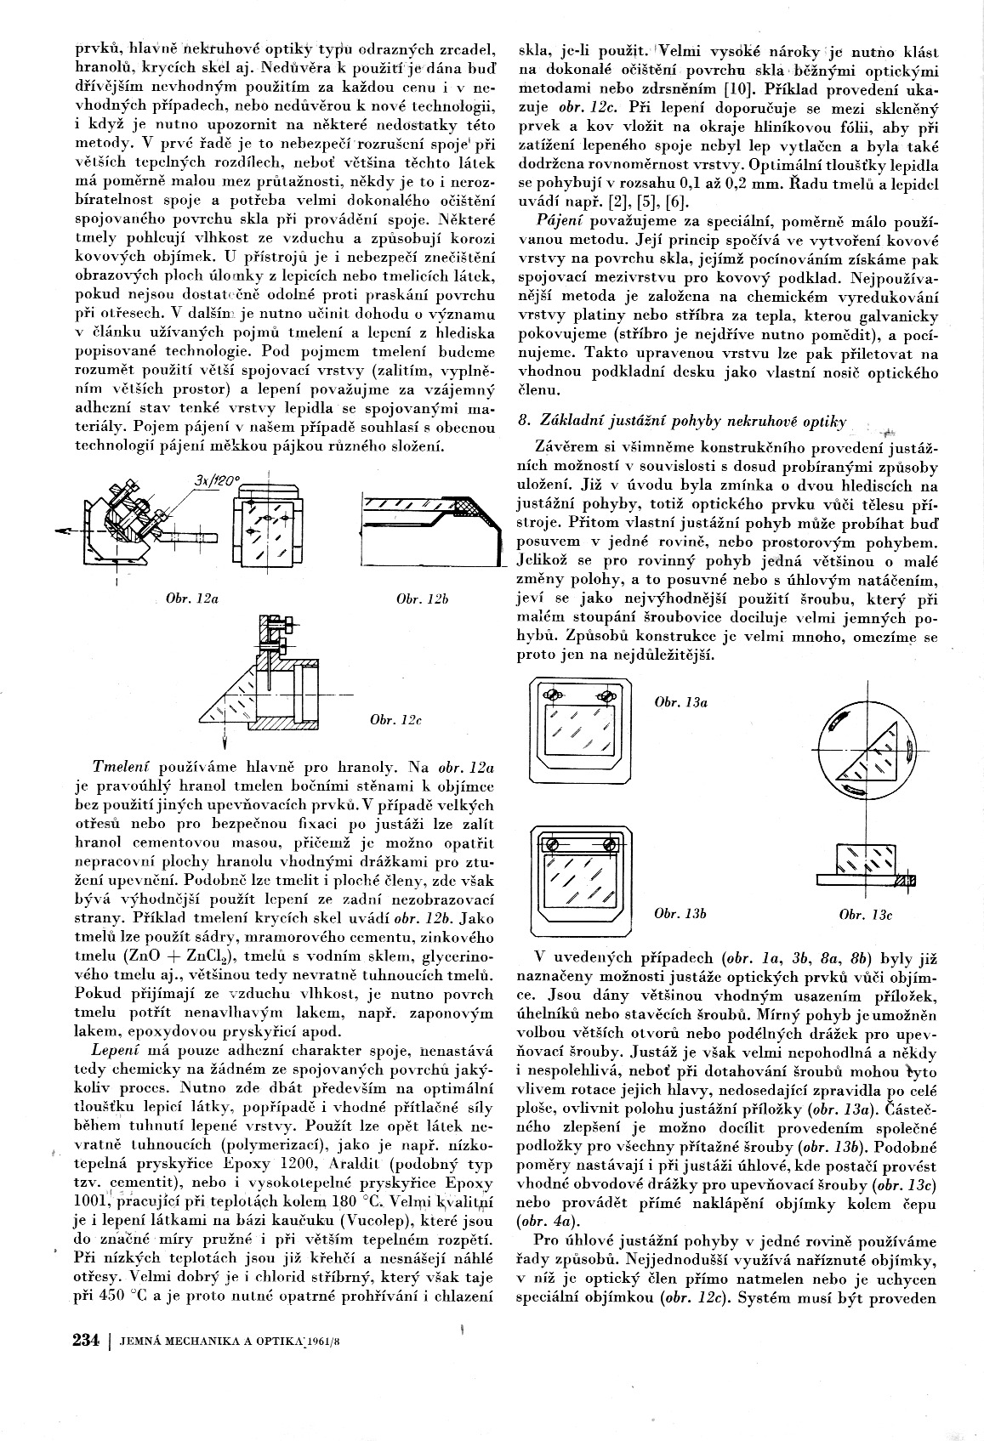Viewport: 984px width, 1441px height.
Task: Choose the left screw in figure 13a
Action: (x=553, y=695)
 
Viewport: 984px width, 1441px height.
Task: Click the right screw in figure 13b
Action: (x=610, y=846)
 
